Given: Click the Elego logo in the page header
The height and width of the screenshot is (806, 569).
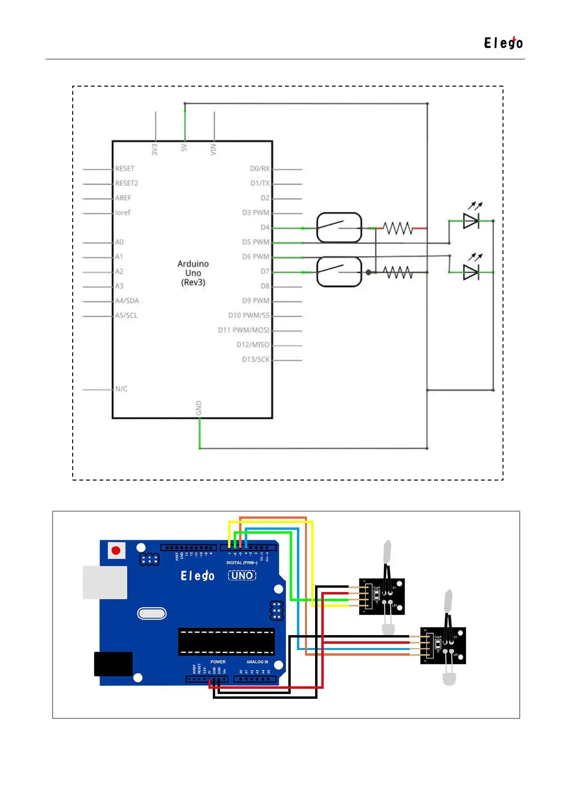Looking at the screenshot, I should [503, 43].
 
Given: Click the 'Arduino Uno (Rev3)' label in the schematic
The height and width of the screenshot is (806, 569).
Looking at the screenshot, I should [193, 273].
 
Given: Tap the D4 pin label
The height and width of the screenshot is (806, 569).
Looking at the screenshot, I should [265, 227].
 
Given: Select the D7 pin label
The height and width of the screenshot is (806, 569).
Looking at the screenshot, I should [265, 271].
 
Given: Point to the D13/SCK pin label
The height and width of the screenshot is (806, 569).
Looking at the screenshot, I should [255, 359].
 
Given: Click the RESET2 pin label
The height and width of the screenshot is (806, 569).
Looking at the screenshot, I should [126, 183].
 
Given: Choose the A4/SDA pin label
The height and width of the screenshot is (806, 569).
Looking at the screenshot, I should [127, 301].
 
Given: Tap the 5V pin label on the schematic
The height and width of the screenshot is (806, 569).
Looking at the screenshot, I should [184, 148].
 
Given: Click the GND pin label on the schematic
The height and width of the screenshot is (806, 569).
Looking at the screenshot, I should [198, 408].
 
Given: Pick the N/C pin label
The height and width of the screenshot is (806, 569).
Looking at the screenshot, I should [121, 389].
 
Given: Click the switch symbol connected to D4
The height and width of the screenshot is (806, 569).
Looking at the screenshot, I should [339, 227].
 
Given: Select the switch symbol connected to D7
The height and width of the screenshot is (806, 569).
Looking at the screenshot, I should [339, 271].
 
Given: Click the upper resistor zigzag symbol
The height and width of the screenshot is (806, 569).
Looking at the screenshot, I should [397, 228].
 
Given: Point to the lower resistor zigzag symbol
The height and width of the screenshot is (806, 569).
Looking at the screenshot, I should [397, 272].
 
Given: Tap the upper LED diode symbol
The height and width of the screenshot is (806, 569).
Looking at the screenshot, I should [471, 221].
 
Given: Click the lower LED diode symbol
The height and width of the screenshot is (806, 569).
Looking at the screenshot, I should [471, 272].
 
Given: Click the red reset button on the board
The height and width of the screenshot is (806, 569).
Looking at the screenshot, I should [116, 550].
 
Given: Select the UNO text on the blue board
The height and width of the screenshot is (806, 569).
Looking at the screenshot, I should [242, 575].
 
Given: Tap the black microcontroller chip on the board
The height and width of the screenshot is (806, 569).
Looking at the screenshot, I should [226, 641].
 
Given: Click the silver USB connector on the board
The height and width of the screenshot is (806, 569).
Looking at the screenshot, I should [105, 582].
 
